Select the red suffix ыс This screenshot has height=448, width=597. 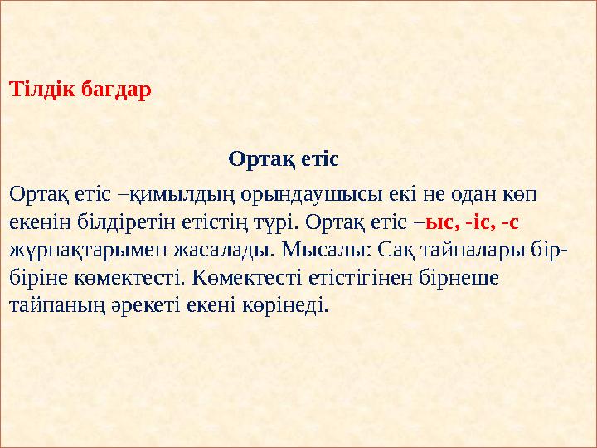pos(438,222)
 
